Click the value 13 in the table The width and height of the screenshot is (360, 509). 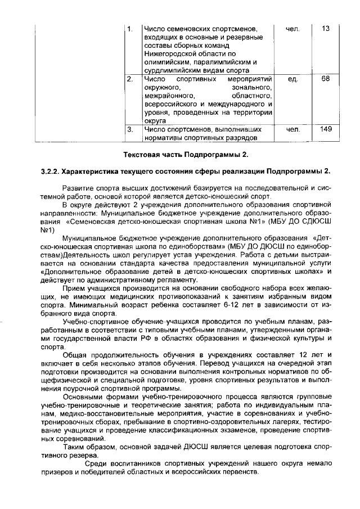(326, 29)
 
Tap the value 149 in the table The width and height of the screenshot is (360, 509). (326, 130)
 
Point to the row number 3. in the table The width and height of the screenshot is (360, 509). (130, 130)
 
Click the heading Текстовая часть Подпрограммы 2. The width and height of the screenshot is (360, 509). (186, 154)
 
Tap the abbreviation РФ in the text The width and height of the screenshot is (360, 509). (181, 340)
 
